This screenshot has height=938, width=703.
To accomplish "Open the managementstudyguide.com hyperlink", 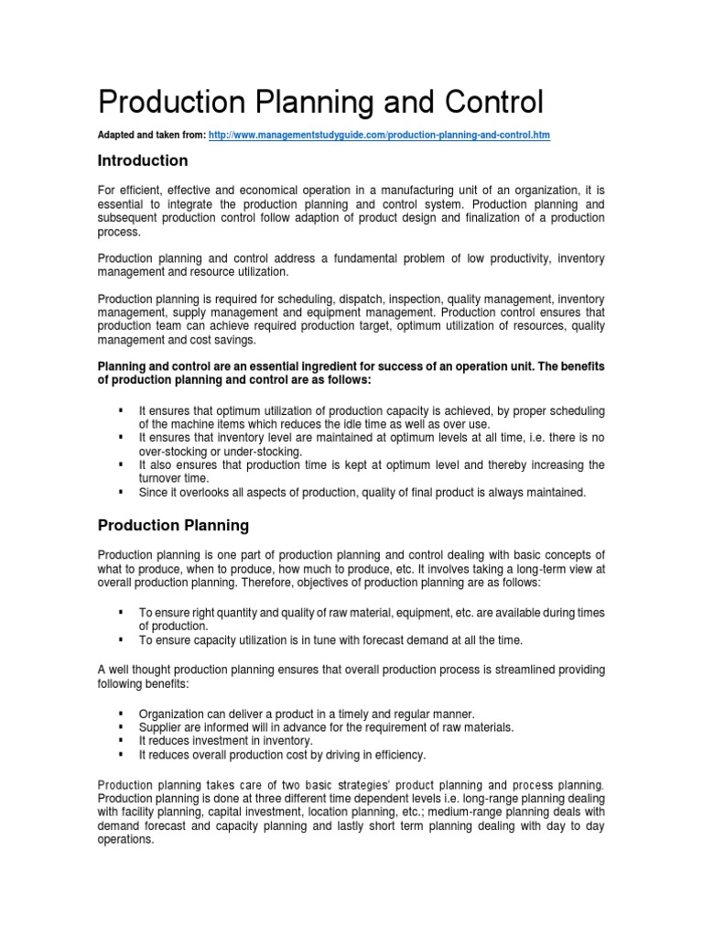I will click(380, 135).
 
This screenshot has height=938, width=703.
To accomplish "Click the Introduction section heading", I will click(143, 161).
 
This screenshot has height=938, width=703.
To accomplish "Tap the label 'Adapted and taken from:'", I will click(152, 135).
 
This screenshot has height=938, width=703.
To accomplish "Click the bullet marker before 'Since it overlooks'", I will click(121, 492).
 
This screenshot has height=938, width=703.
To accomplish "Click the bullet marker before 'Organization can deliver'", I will click(121, 713).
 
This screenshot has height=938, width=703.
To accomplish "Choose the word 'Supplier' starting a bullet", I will click(160, 726).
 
